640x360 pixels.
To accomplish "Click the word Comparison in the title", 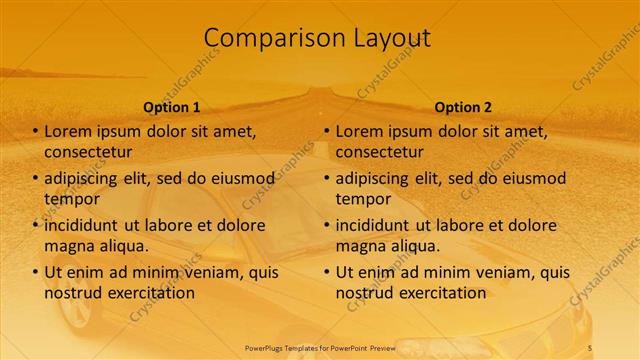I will (x=267, y=38).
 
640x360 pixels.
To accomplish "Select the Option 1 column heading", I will (x=171, y=107).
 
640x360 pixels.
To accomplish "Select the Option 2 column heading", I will (x=463, y=107).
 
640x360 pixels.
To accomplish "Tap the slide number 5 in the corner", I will (x=589, y=346).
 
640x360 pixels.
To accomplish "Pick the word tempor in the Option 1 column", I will (x=71, y=198).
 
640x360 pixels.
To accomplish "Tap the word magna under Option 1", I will (x=70, y=245).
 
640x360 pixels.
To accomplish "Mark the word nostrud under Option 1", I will (x=74, y=293).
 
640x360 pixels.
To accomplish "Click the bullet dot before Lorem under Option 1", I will (x=36, y=132).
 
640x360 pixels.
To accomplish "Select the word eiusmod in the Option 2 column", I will (x=533, y=179).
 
